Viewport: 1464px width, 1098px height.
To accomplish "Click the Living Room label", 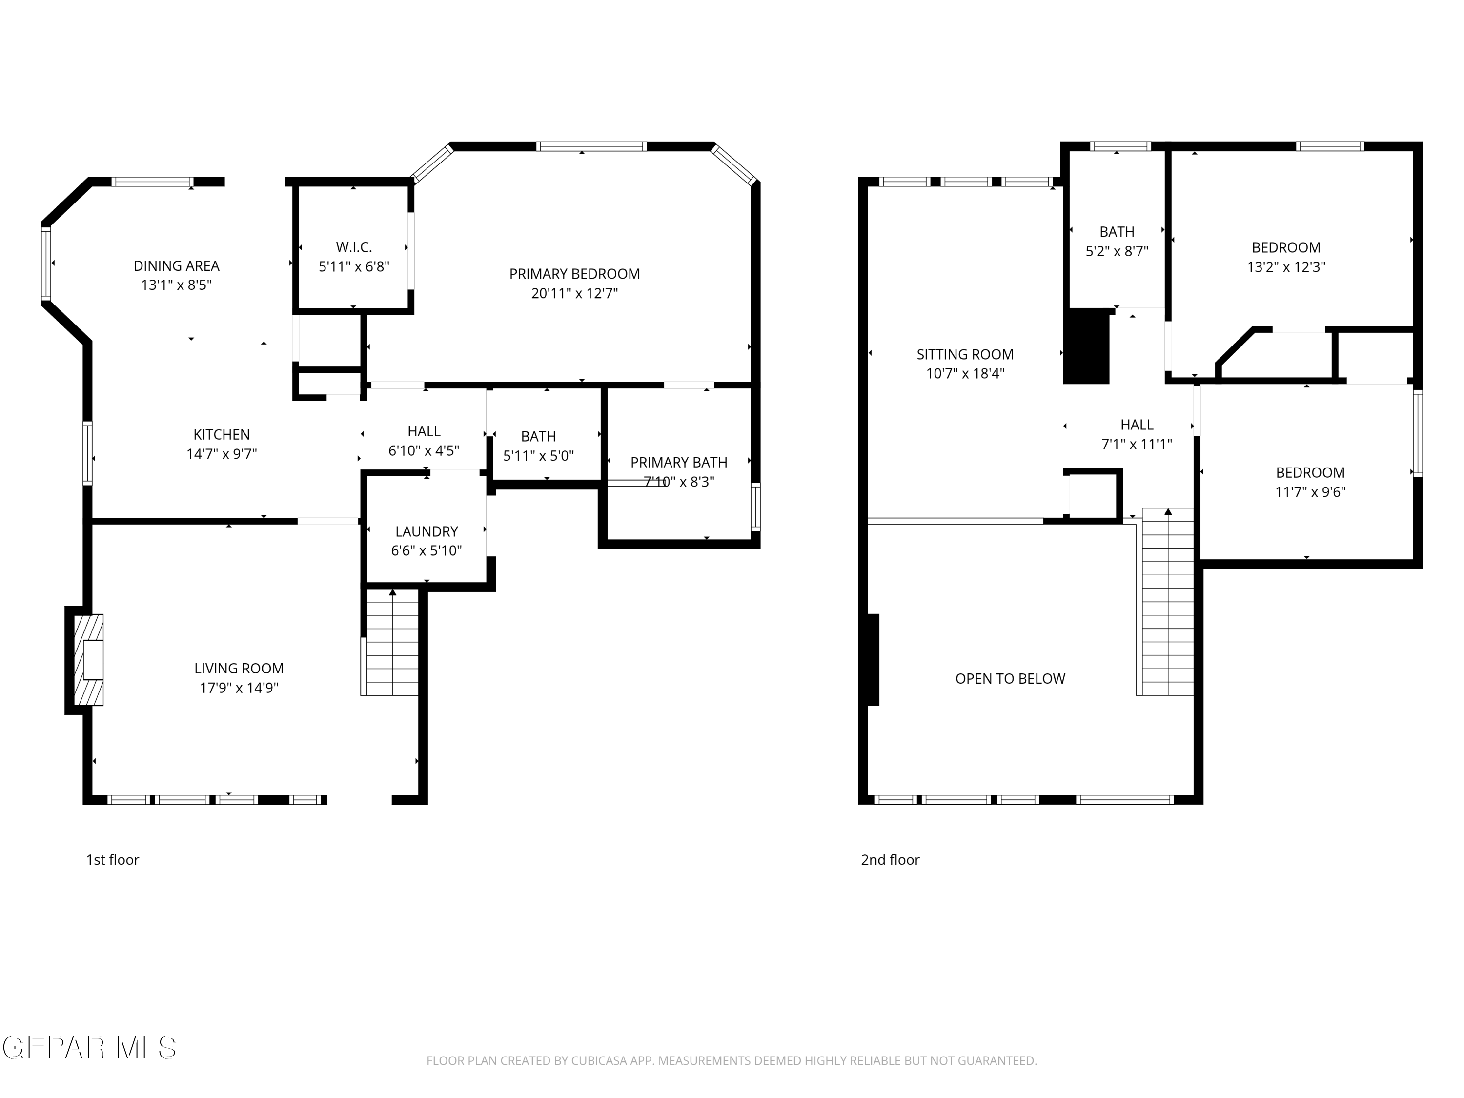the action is [x=239, y=669].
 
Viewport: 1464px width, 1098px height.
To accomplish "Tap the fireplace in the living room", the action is [x=88, y=660].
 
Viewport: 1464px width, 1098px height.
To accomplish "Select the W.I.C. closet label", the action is [x=354, y=247].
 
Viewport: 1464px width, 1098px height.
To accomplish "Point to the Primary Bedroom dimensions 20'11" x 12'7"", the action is [x=574, y=293].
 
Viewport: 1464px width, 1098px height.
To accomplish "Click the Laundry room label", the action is [x=427, y=531].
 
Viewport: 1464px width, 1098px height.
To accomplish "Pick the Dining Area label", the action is [x=176, y=266].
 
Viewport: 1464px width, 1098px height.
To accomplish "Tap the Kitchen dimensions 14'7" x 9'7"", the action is [x=222, y=454].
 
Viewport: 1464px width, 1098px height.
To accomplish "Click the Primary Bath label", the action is [x=679, y=463].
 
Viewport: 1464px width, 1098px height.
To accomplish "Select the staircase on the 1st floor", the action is [x=390, y=642].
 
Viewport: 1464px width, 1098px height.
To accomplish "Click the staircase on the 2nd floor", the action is [x=1167, y=602].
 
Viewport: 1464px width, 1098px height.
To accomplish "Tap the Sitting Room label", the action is [x=965, y=355].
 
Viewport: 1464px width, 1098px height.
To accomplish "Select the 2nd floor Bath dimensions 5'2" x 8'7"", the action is [x=1117, y=251].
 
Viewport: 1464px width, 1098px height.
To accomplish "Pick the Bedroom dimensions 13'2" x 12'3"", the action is [x=1286, y=267].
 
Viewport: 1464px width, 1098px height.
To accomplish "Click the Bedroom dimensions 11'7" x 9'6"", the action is [x=1310, y=492].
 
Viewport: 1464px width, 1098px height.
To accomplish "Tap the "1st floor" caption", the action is [x=113, y=860].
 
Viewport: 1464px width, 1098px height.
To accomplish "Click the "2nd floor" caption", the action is [x=890, y=860].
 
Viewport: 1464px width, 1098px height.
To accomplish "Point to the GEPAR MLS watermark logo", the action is [x=89, y=1048].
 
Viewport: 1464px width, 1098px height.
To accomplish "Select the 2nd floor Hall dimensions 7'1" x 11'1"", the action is [x=1137, y=444].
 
